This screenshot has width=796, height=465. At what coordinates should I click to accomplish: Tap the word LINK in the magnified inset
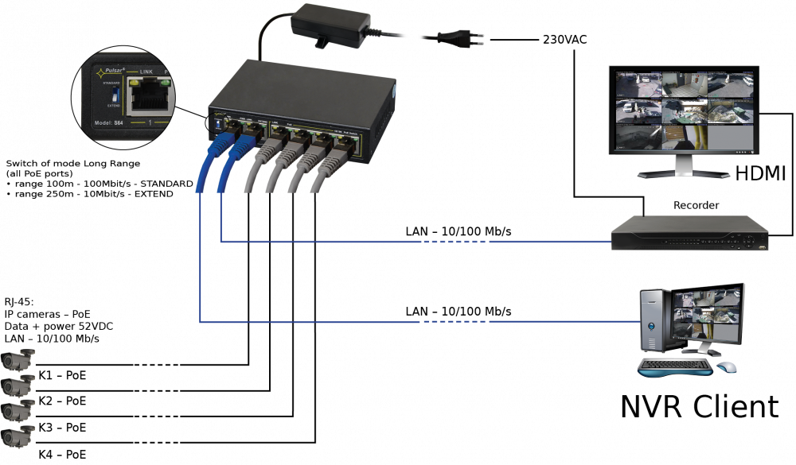[146, 72]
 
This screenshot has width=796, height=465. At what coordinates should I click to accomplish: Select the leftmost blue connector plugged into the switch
[220, 146]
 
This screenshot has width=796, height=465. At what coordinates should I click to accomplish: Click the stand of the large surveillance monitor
[683, 166]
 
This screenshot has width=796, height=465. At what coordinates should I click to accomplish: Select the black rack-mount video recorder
[689, 233]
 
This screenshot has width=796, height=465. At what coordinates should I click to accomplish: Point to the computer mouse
[726, 367]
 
